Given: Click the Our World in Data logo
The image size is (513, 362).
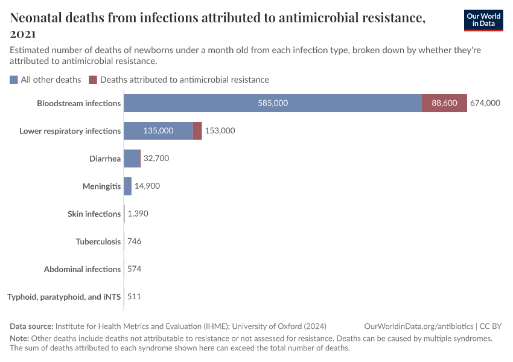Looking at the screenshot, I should [x=483, y=20].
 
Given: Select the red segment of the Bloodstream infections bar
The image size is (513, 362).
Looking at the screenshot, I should [x=444, y=103].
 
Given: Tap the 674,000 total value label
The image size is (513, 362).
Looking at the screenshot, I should [x=485, y=103].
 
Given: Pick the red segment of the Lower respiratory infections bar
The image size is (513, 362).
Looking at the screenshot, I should [x=197, y=131].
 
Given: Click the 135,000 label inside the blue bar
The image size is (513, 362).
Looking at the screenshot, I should [x=158, y=131].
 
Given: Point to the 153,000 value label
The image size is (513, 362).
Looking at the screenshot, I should [x=220, y=131].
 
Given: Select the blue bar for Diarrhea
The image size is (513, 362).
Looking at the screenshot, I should [x=132, y=159].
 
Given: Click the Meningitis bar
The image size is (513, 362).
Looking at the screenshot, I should [x=127, y=186].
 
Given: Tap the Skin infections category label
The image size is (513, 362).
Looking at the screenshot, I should [x=94, y=214].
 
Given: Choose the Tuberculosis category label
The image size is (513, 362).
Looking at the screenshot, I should [x=98, y=242].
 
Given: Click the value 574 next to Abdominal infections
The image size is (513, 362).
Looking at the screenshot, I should [x=135, y=269].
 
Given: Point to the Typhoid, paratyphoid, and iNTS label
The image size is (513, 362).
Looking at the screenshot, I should [x=64, y=297].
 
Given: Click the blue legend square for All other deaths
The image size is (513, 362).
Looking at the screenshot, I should [x=14, y=80].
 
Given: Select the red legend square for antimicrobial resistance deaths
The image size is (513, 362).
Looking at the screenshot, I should [x=93, y=80].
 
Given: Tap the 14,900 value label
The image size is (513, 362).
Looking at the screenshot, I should [x=147, y=186].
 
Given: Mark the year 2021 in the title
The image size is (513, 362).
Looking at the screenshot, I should [x=23, y=34].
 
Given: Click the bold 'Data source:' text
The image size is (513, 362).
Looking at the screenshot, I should [x=32, y=326].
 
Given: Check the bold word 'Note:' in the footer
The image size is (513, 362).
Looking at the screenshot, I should [x=19, y=338].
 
